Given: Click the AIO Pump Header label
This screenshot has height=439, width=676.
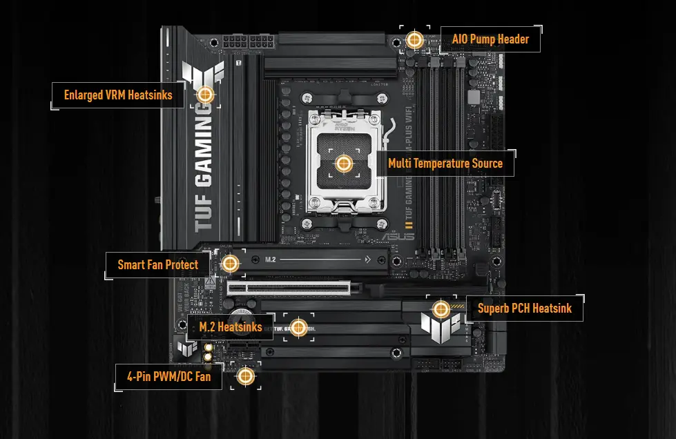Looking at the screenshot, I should point(490,39).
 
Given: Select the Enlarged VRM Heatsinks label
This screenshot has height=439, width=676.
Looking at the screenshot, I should point(118,95).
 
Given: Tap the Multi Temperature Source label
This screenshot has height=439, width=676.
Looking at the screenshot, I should point(445,164).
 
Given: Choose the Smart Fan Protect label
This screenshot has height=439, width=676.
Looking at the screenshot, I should point(157,264).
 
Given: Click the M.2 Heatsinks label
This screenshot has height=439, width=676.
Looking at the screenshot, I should point(231,326).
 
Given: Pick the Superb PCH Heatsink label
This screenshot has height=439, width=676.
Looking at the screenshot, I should point(525,308).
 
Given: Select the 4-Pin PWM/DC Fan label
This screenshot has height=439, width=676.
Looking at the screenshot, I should point(168,377).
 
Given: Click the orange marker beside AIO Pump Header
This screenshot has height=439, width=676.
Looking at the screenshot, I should point(414,39).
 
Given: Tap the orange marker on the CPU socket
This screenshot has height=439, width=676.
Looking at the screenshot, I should point(343,164).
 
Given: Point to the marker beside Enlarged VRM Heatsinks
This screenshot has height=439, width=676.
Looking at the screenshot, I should point(205,95).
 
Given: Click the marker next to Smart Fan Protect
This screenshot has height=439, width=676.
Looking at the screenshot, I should point(231,263).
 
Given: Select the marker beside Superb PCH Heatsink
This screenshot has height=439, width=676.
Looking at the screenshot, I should point(441,309).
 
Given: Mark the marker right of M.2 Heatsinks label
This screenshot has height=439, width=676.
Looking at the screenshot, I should point(298,327).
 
